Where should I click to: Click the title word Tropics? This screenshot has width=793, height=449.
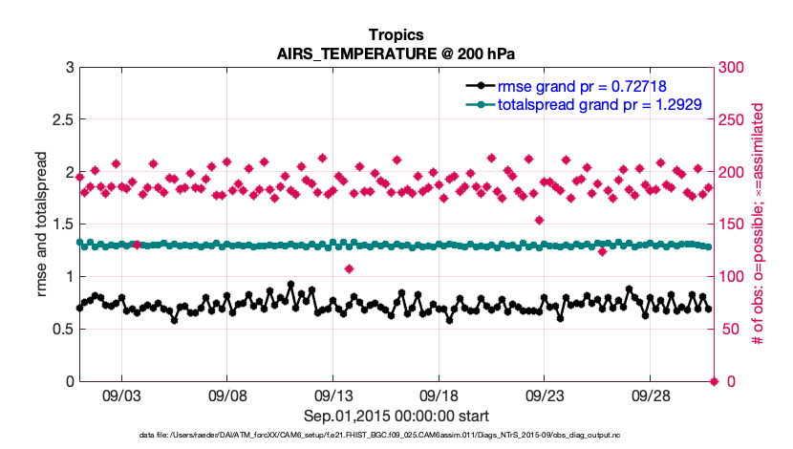tap(396, 35)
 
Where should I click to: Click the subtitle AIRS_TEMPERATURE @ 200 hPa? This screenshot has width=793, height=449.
tap(396, 53)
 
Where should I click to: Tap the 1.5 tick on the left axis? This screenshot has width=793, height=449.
tap(62, 224)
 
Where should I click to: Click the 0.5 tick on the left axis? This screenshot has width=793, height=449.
tap(62, 330)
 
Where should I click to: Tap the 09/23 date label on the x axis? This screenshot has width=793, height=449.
tap(543, 395)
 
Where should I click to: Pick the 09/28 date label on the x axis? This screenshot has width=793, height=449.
tap(648, 395)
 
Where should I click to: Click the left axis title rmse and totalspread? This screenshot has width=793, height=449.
tap(43, 224)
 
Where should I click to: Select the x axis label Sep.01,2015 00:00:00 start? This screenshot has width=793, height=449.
tap(396, 416)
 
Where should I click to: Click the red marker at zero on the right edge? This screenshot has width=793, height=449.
tap(712, 381)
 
